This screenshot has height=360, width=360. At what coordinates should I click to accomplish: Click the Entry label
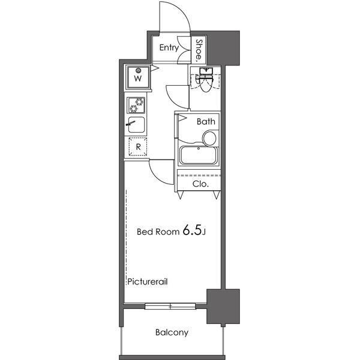169,47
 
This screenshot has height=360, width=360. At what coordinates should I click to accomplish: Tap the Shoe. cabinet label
199,51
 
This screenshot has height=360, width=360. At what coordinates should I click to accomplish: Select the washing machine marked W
138,77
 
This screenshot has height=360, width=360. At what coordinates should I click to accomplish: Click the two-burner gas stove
136,105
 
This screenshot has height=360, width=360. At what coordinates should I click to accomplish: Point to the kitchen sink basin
136,125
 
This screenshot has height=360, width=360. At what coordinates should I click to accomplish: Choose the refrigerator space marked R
138,146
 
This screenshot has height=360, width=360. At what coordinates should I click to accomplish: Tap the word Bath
206,121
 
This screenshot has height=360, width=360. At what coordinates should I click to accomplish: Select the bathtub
199,155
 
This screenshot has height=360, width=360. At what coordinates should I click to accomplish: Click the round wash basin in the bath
209,138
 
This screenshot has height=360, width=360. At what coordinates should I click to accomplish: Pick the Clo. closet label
200,184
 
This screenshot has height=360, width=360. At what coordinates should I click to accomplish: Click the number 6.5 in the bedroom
192,230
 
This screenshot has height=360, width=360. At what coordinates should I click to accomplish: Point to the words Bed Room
158,232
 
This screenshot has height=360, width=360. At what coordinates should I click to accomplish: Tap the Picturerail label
148,281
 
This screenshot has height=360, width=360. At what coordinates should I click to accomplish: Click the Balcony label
172,332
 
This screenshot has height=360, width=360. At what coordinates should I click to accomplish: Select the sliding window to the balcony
170,306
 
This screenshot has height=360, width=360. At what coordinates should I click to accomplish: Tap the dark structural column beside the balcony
223,307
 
